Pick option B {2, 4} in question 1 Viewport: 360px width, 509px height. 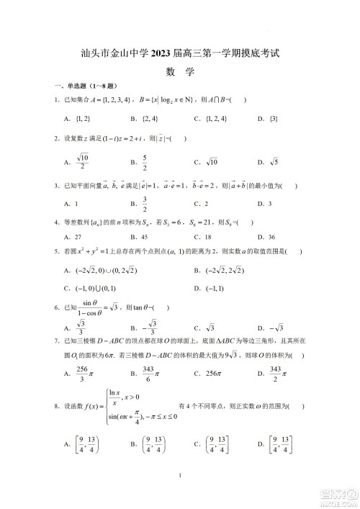click(x=144, y=117)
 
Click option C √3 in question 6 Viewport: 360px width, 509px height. click(x=204, y=327)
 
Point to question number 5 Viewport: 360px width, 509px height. click(x=57, y=251)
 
